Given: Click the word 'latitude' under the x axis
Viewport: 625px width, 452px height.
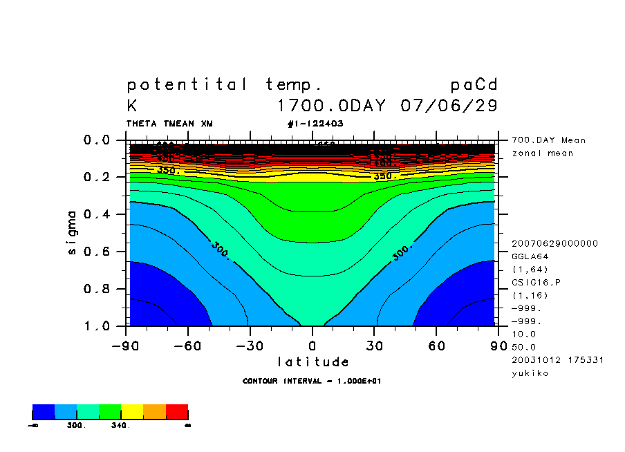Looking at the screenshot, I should coord(312,361).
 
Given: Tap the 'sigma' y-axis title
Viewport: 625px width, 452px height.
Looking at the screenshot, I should coord(72,232).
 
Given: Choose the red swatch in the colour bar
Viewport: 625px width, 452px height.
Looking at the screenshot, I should coord(177,412).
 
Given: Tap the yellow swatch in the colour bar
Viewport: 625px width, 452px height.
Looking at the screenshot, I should coord(132,412).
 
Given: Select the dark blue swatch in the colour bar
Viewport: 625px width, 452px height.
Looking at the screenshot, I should coord(44,412).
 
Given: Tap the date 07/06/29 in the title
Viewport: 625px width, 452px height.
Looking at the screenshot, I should coord(449,106).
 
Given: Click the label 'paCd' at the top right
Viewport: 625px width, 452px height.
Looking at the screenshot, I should coord(474,85).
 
